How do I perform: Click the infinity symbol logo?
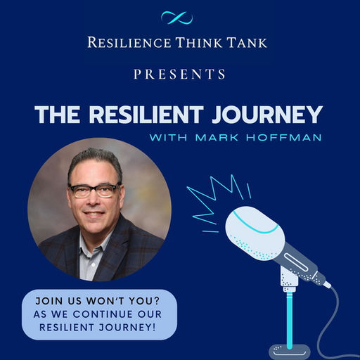pos(177,18)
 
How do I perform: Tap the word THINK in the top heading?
pos(198,43)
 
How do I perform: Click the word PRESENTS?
pos(179,74)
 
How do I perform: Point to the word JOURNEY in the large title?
pos(267,115)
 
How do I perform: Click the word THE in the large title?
pos(58,115)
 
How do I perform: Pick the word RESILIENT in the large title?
pos(146,115)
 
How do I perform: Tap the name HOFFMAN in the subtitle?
pos(284,137)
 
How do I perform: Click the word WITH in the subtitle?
pos(168,137)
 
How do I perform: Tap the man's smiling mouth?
pos(94,214)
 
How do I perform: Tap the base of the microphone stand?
pos(290,352)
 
